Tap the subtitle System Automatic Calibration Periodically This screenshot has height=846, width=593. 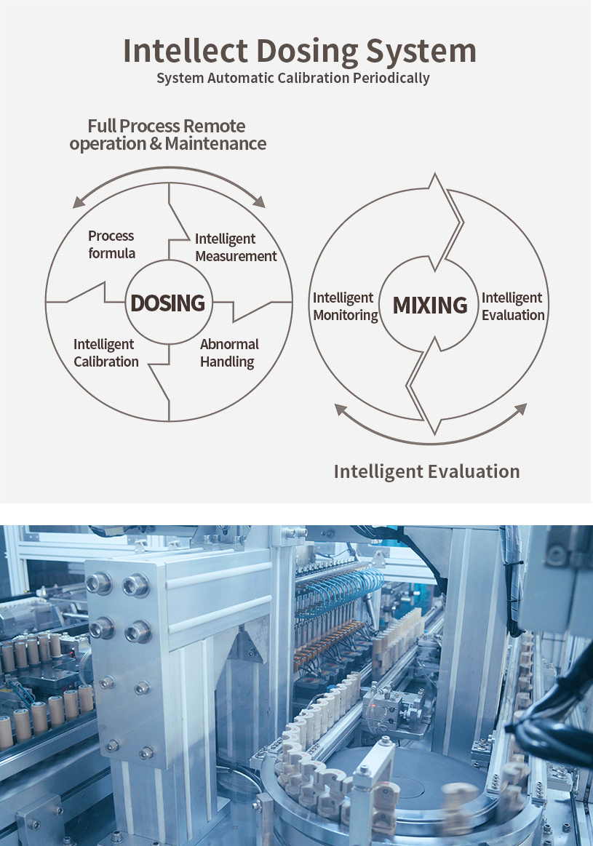pos(293,78)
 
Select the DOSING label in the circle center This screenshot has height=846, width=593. pos(167,303)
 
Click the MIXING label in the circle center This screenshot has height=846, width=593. pos(430,306)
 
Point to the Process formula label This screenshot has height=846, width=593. pos(111,244)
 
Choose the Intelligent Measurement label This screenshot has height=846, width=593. pos(236,247)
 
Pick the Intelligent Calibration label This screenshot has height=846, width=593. pos(106,353)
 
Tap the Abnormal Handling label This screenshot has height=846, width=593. pos(228,353)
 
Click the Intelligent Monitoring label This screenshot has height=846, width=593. pos(345,306)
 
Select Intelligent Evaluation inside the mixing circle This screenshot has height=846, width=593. pos(512,306)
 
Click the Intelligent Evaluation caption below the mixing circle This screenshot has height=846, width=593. pos(426,471)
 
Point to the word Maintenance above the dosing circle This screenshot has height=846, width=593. pos(215,143)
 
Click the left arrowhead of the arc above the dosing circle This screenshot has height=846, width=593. pos(77,205)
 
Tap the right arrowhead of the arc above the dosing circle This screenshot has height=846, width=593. pos(260,204)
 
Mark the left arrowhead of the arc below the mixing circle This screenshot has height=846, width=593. pos(339,409)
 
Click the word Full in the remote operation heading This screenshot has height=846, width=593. pos(102,126)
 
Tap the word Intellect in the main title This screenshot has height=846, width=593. pos(186,51)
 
